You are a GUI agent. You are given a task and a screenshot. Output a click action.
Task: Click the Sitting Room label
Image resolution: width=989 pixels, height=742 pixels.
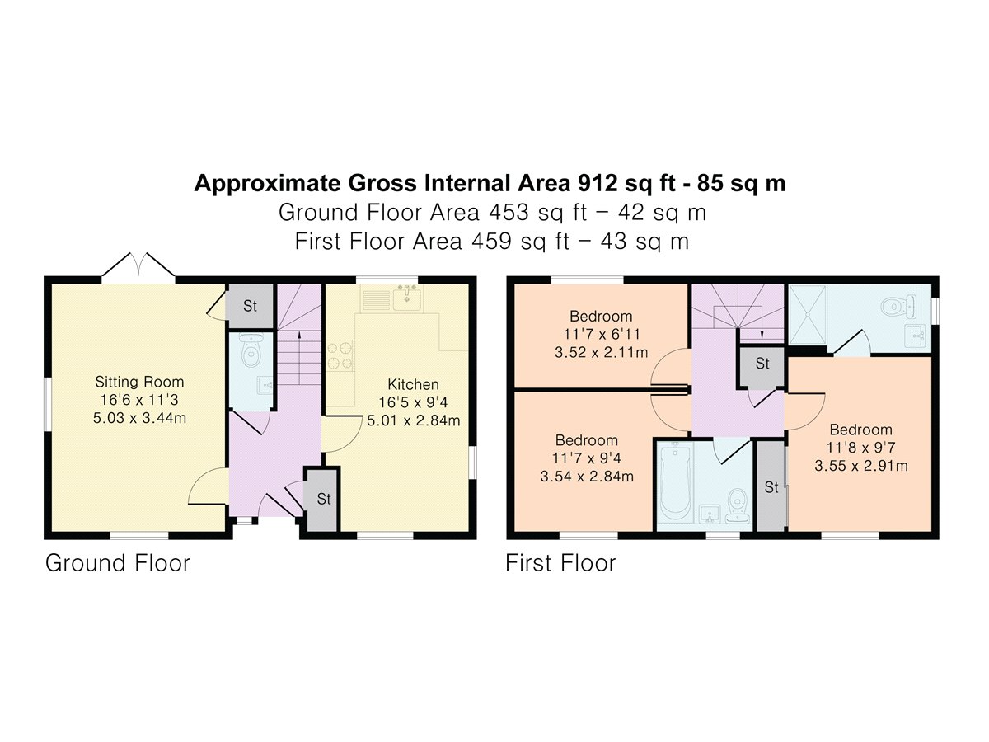(139, 382)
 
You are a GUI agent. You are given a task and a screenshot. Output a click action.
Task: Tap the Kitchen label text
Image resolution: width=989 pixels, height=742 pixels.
(413, 384)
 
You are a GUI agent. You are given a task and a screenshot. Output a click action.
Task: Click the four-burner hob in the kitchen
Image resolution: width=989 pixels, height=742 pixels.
(340, 355)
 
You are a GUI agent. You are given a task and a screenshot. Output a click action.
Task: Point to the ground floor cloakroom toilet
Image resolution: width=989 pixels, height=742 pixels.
(251, 350)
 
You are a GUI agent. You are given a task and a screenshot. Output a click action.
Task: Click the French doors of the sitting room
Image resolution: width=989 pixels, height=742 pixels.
(138, 265)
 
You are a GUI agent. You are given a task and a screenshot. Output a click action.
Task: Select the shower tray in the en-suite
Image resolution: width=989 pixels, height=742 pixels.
(809, 316)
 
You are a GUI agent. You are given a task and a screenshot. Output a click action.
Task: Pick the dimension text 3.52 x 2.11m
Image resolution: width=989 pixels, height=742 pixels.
(601, 352)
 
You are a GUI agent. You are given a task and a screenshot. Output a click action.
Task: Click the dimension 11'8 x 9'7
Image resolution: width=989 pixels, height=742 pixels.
(860, 448)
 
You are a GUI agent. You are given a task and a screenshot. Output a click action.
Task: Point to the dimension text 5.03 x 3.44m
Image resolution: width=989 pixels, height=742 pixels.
(139, 418)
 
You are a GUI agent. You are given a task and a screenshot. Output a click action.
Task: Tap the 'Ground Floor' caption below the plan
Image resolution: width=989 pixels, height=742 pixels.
(118, 563)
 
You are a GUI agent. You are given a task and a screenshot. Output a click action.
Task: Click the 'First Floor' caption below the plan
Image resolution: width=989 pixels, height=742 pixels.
(560, 563)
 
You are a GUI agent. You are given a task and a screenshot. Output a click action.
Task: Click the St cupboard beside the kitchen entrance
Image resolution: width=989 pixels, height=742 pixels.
(323, 500)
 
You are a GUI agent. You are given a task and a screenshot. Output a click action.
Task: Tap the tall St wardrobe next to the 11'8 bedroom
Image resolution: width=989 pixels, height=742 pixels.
(771, 487)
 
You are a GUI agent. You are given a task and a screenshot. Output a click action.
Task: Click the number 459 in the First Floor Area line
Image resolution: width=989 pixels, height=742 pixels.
(491, 242)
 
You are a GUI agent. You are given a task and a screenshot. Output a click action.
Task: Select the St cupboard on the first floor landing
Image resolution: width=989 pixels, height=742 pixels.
(762, 364)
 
